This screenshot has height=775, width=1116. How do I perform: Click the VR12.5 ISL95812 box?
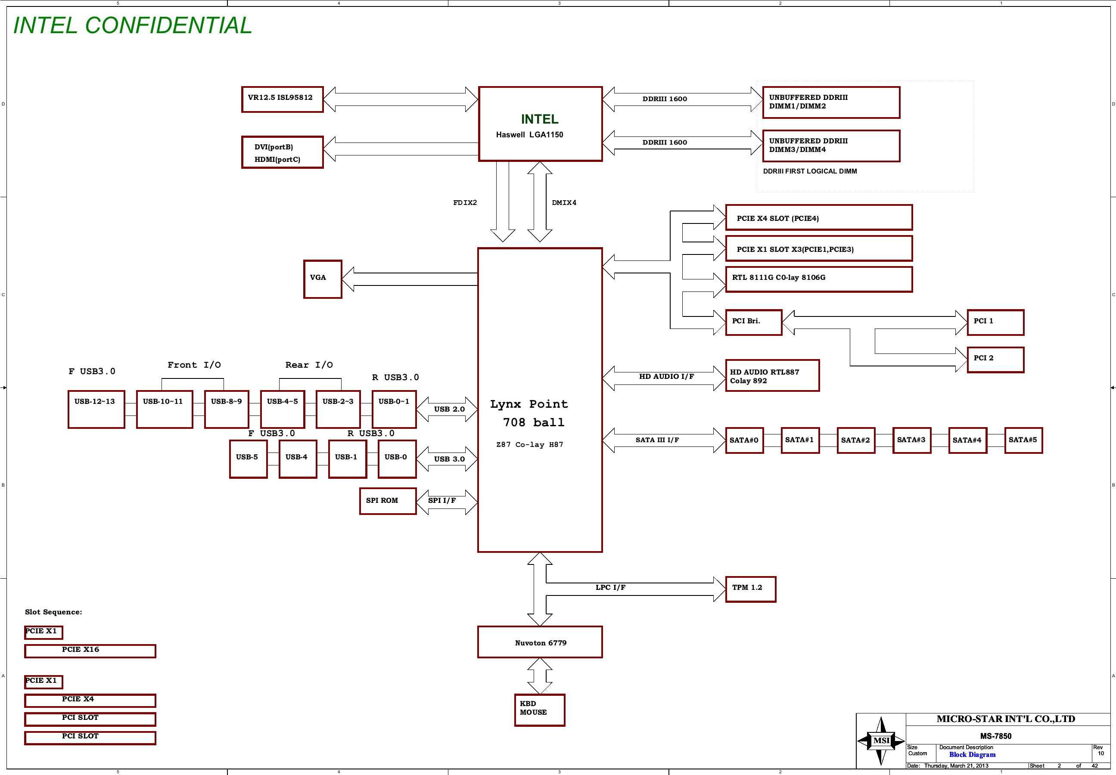tap(282, 99)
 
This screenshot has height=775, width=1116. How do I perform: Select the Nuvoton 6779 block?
tap(540, 642)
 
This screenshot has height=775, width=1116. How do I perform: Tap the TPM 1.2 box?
tap(750, 589)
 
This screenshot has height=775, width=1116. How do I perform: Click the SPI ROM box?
tap(388, 501)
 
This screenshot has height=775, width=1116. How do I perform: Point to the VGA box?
tap(323, 279)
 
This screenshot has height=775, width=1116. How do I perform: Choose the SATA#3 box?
tap(911, 440)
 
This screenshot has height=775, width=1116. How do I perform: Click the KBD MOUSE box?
tap(539, 710)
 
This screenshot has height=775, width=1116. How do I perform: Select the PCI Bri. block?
tap(753, 322)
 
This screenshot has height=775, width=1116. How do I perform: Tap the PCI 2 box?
tap(995, 360)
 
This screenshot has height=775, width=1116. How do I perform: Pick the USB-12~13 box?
tap(96, 409)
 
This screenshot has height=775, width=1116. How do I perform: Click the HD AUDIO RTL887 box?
tap(772, 375)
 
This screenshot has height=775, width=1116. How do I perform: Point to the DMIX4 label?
tap(564, 202)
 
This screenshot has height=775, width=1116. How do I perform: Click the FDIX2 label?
tap(465, 202)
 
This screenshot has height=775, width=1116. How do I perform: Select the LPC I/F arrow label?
tap(610, 587)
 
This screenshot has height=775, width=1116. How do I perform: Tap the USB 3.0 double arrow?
tap(447, 459)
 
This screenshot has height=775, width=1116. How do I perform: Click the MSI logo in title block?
tap(881, 740)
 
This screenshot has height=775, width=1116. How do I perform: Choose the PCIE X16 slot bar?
tap(90, 650)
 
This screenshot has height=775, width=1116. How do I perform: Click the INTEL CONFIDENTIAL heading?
tap(133, 25)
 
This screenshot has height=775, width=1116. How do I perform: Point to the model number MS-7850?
tap(995, 736)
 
